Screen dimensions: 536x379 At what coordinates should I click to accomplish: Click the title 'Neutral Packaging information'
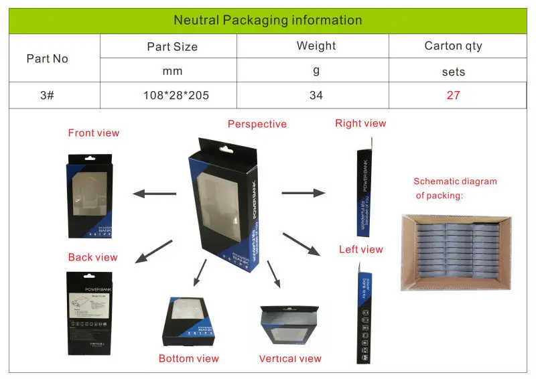click(x=267, y=20)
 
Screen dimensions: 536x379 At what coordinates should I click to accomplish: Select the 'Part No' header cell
click(x=47, y=59)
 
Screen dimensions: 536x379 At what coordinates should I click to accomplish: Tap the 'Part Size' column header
click(x=172, y=47)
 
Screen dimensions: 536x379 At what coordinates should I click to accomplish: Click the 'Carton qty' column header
click(x=453, y=46)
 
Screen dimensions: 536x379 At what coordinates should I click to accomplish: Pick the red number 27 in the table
click(x=454, y=95)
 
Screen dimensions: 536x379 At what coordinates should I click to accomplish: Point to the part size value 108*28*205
click(x=176, y=95)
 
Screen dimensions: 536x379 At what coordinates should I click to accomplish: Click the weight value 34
click(x=316, y=95)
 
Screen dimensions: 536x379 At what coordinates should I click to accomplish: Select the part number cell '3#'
click(x=47, y=95)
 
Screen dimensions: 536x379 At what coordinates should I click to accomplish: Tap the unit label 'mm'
click(x=172, y=71)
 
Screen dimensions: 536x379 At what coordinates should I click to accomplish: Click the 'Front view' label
click(x=94, y=133)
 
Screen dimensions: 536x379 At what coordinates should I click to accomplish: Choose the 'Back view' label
click(x=92, y=257)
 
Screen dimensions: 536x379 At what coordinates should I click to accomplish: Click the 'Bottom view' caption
click(x=189, y=358)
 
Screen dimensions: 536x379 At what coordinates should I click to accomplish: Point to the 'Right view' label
click(x=361, y=123)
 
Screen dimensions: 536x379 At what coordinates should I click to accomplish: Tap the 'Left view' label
click(x=361, y=249)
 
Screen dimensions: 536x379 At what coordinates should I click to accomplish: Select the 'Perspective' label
click(x=257, y=124)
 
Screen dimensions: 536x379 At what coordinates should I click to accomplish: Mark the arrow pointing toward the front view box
click(x=154, y=194)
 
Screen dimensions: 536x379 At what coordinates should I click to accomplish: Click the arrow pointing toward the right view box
click(x=303, y=194)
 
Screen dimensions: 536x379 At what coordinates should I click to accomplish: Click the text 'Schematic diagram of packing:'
click(x=455, y=188)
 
